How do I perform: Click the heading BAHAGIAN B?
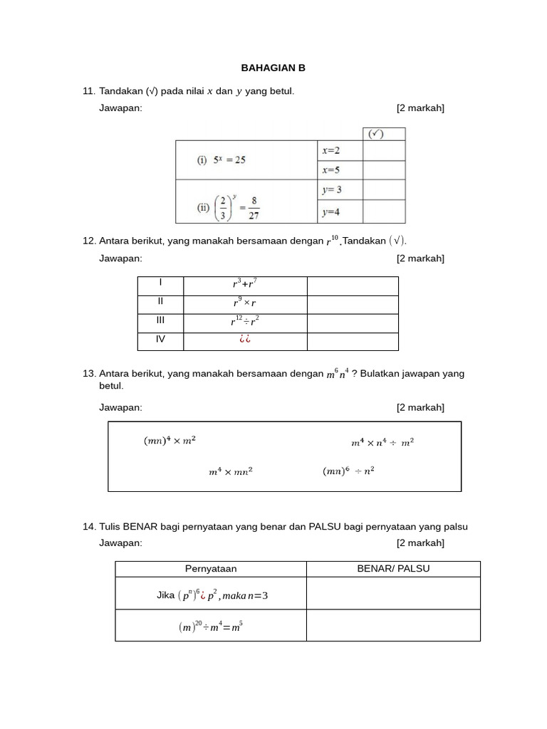coord(273,68)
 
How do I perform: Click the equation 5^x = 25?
coord(221,160)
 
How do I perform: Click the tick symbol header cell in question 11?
coord(384,134)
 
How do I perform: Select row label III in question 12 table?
coord(160,320)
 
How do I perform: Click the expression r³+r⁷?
coord(245,284)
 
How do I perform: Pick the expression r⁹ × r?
coord(245,303)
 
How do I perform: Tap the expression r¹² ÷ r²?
coord(245,321)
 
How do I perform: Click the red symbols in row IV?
coord(245,340)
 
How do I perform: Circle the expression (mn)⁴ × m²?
coord(170,441)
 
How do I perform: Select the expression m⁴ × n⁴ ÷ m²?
coord(382,442)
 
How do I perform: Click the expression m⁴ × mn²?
coord(230,471)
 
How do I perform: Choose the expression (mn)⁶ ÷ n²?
coord(348,471)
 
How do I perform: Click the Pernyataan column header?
coord(211,569)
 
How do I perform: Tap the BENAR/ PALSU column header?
coord(393,569)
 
